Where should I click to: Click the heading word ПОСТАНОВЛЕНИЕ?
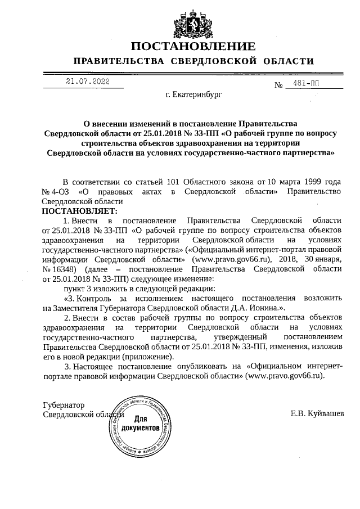193,46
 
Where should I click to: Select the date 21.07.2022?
87,82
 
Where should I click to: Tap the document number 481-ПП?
305,84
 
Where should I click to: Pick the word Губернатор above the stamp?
64,404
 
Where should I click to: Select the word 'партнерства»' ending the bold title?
308,152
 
